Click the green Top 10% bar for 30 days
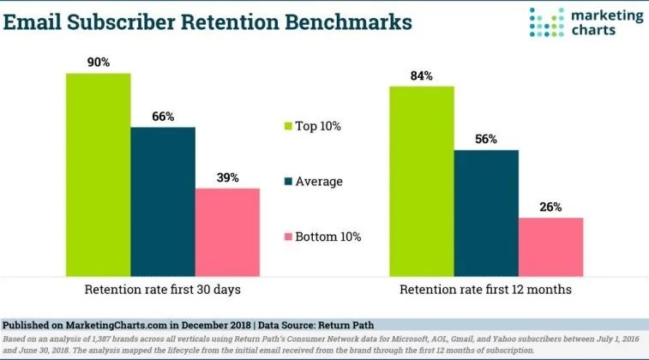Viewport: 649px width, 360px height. click(99, 175)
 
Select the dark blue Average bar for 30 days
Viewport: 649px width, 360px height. click(163, 201)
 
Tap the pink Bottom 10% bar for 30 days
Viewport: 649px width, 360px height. click(228, 232)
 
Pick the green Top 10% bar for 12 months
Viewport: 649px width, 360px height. click(422, 181)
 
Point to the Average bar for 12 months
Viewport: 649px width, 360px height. click(486, 213)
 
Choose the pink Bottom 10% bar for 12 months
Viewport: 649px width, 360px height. click(551, 247)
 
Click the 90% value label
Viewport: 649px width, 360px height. click(99, 63)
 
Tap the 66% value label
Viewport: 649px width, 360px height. click(163, 117)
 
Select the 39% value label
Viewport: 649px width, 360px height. click(228, 178)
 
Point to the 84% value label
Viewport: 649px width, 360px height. click(421, 76)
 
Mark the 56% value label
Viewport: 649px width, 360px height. click(486, 139)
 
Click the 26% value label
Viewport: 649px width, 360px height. click(550, 207)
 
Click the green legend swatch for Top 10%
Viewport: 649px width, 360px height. click(288, 126)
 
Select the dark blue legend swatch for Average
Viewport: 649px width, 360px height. click(288, 181)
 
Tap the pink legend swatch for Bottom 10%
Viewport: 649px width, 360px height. click(288, 237)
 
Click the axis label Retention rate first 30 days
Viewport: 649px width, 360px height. click(163, 289)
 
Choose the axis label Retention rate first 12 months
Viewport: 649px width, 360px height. click(485, 289)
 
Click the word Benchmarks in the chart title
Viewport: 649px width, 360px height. click(349, 22)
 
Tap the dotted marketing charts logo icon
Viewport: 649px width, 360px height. click(546, 22)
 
